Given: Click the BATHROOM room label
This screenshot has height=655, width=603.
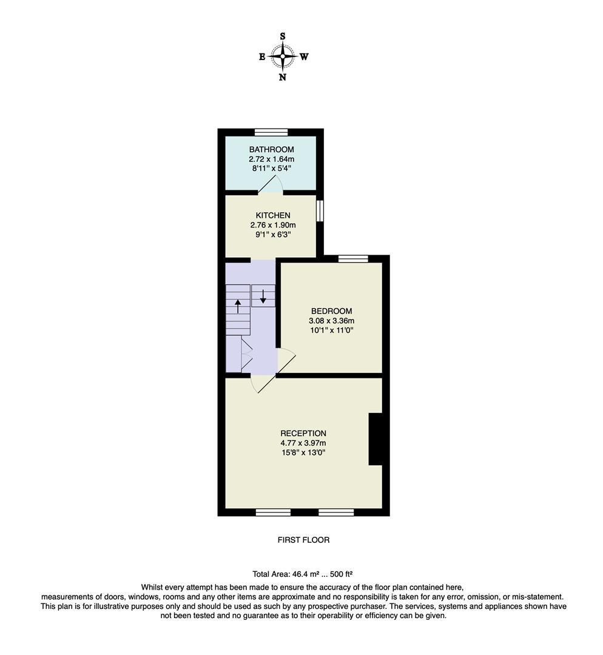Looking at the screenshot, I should (271, 149).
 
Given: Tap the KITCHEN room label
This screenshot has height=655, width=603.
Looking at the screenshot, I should (272, 215).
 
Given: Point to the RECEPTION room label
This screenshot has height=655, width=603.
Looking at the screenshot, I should (303, 433).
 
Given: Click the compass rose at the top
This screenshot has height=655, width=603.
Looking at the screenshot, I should (283, 56).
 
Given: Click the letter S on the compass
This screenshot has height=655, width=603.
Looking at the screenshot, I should (283, 36).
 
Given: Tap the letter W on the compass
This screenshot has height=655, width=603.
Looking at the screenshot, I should (305, 56).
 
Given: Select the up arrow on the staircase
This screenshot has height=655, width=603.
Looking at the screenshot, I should (237, 305).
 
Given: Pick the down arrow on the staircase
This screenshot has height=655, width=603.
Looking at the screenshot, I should (263, 296).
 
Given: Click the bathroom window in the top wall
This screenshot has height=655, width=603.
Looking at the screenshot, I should (271, 132).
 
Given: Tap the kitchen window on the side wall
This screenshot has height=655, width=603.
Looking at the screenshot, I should (320, 211).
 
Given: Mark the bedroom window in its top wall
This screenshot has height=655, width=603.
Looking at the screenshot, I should (353, 259).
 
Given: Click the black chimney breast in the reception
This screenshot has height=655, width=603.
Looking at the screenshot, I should (376, 439).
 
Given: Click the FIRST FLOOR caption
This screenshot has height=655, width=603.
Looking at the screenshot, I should (303, 540).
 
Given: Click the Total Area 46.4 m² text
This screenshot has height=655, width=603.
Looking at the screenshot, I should (303, 574).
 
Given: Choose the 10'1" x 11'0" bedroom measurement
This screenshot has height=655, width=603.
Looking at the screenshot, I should (331, 331).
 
